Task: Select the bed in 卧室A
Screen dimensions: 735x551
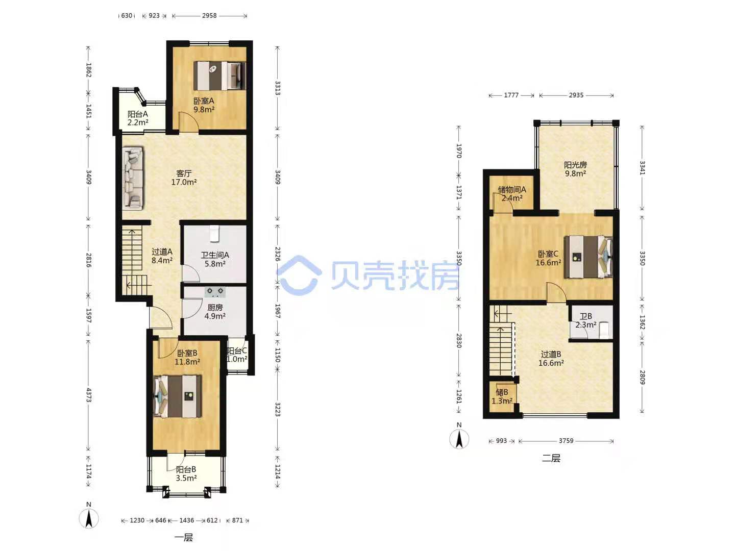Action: (x=219, y=76)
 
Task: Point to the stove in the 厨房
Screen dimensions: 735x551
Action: (x=215, y=292)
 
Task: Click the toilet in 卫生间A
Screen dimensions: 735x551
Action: (x=214, y=233)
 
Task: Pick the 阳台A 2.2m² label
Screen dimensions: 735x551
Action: (x=138, y=118)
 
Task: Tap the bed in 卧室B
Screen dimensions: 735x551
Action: (x=178, y=396)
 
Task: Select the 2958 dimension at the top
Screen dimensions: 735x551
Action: (x=209, y=15)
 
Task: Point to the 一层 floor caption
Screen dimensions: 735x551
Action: (x=184, y=538)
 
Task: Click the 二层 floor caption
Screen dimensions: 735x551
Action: (x=551, y=458)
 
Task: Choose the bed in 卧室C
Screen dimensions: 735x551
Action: (x=589, y=257)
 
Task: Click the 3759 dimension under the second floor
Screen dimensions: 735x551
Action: (x=566, y=441)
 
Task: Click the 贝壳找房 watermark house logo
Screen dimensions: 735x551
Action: (x=299, y=275)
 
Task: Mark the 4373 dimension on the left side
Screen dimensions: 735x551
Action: (x=88, y=395)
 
